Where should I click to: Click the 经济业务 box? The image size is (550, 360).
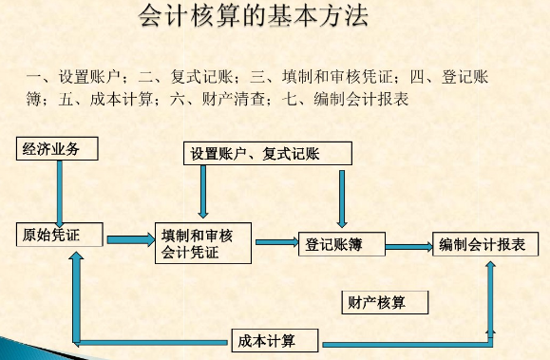pos(56,148)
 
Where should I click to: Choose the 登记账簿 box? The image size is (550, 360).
pos(341,244)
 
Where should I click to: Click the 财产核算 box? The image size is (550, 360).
pos(384,303)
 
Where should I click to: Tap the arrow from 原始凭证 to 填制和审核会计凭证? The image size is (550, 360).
pos(129,237)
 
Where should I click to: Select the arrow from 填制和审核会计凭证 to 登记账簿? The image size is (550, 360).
pos(275,242)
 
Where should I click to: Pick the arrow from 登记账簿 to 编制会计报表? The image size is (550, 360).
pos(408,247)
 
